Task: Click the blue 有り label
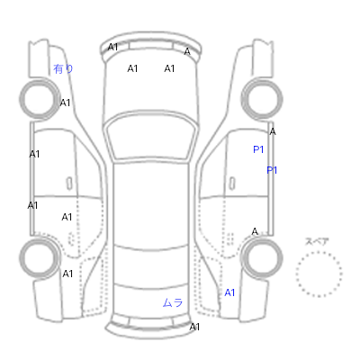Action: pyautogui.click(x=63, y=69)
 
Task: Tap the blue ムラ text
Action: pyautogui.click(x=173, y=302)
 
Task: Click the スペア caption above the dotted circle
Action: pyautogui.click(x=317, y=241)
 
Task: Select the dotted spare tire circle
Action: pyautogui.click(x=319, y=252)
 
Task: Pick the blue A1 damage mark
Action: pyautogui.click(x=229, y=292)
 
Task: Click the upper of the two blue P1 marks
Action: pyautogui.click(x=258, y=149)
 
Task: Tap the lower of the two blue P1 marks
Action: pyautogui.click(x=272, y=170)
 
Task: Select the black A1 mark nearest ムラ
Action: pyautogui.click(x=194, y=327)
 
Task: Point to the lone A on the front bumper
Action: pyautogui.click(x=187, y=51)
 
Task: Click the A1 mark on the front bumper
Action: pyautogui.click(x=112, y=47)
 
